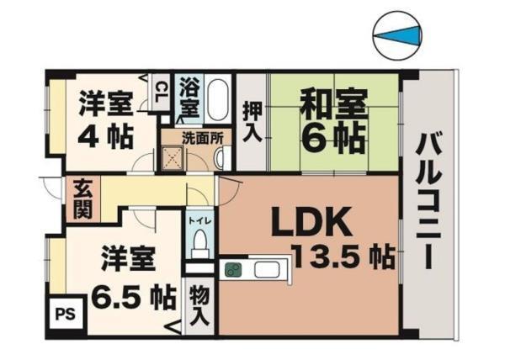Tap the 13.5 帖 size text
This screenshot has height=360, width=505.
tap(343, 256)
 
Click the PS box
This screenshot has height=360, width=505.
tap(63, 314)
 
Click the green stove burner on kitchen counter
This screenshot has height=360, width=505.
tap(233, 271)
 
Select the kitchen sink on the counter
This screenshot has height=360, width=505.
tap(268, 271)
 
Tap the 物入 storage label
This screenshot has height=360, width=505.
tap(199, 306)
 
